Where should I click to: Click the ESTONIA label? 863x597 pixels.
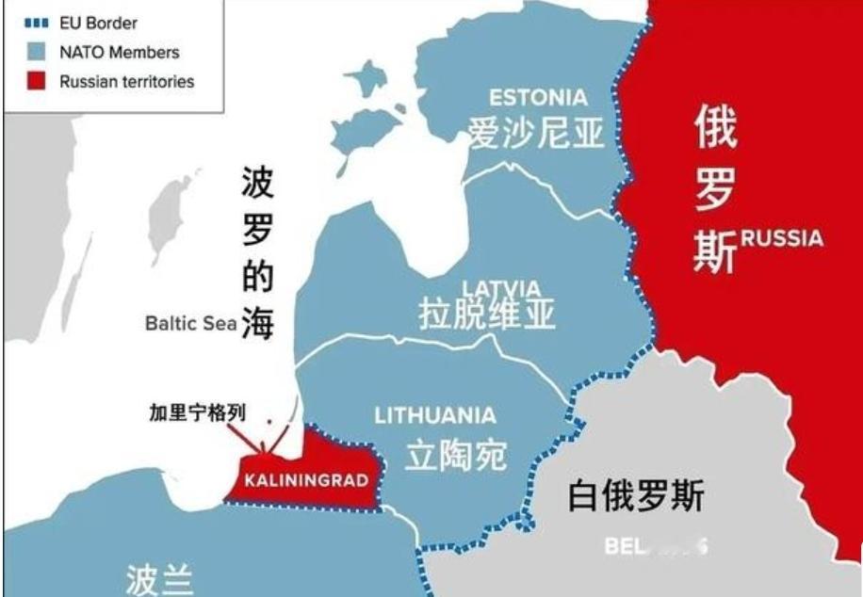pyautogui.click(x=538, y=97)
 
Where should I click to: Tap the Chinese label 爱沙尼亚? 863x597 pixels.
pyautogui.click(x=536, y=133)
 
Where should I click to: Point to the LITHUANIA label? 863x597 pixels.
pyautogui.click(x=434, y=415)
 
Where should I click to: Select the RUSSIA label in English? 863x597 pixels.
pyautogui.click(x=781, y=237)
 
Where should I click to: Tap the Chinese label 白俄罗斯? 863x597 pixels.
pyautogui.click(x=635, y=495)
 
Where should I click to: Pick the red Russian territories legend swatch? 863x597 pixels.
pyautogui.click(x=37, y=81)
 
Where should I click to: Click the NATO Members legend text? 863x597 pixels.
pyautogui.click(x=119, y=53)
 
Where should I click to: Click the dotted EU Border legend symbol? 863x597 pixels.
pyautogui.click(x=37, y=24)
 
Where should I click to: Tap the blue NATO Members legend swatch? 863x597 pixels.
pyautogui.click(x=37, y=53)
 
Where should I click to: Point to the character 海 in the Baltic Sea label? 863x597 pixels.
pyautogui.click(x=256, y=323)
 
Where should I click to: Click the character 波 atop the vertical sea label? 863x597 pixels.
pyautogui.click(x=257, y=182)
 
